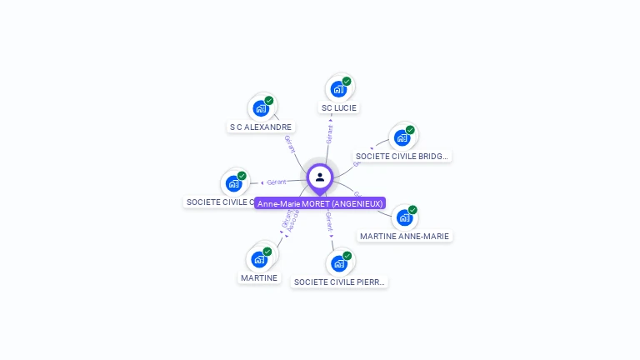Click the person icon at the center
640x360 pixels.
coord(320,177)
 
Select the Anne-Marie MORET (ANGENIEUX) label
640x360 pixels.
coord(320,203)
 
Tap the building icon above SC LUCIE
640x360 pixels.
coord(337,89)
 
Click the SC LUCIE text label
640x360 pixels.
coord(338,108)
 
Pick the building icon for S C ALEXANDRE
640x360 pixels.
coord(261,108)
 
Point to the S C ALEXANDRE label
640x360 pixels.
coord(261,127)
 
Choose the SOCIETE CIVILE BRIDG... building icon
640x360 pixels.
coord(402,137)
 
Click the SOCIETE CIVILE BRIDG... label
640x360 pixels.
coord(402,156)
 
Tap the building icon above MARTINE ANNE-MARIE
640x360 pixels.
coord(404,217)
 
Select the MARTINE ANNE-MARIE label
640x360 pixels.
coord(404,236)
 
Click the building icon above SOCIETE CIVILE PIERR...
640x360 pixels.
coord(338,263)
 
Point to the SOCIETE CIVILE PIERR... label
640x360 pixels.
coord(340,282)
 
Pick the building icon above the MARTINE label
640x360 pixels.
coord(259,259)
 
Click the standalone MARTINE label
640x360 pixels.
coord(259,277)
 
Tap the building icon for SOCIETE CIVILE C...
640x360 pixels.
coord(234,183)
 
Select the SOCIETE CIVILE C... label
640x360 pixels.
coord(219,202)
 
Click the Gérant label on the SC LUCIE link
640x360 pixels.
coord(330,134)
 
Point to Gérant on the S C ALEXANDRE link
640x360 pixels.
coord(290,143)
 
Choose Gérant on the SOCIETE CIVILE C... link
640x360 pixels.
coord(277,182)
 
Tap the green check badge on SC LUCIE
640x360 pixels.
coord(347,82)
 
